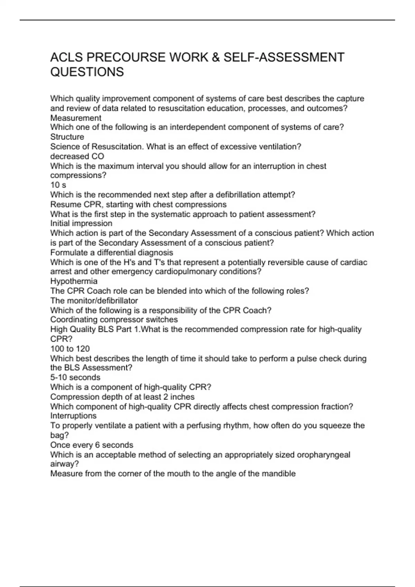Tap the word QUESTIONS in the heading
pos(87,72)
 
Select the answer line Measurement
pos(76,118)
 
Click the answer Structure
pos(67,137)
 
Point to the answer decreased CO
pos(77,156)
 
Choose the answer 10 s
pos(58,185)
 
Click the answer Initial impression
pos(81,223)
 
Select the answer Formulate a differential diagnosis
pos(112,252)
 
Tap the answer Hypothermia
pos(74,281)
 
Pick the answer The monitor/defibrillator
pos(94,301)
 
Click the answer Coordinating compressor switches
pos(114,320)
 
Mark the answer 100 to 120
pos(70,349)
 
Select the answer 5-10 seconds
pos(75,377)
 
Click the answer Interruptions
pos(73,416)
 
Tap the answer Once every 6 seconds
pos(92,445)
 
